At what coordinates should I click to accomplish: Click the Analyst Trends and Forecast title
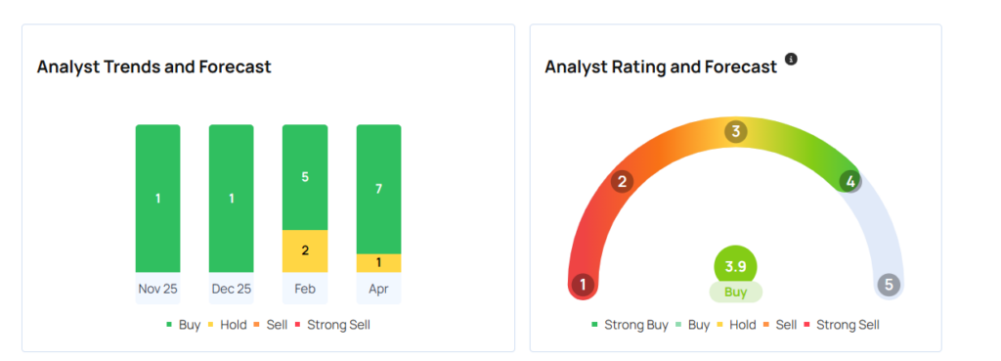coord(154,68)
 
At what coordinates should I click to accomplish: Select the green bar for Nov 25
coord(157,199)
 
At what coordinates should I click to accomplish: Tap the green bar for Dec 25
coord(231,199)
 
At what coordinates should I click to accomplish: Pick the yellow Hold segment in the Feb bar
coord(305,250)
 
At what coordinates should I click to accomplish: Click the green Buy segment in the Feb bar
coord(305,177)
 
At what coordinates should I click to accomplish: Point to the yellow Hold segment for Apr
coord(378,263)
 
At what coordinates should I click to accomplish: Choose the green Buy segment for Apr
coord(378,189)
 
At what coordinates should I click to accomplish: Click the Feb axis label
coord(305,290)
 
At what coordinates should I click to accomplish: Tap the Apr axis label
coord(378,290)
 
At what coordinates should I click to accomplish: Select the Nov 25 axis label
coord(157,290)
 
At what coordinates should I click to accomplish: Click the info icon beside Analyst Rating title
coord(791,60)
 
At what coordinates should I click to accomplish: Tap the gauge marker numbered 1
coord(584,285)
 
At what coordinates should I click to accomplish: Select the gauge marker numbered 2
coord(621,181)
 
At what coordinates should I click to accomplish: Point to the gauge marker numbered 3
coord(735,131)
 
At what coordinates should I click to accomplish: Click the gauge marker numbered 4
coord(851,181)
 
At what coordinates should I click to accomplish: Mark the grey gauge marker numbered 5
coord(888,285)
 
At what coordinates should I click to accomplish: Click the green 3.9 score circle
coord(735,266)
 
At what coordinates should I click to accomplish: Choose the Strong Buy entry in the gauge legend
coord(630,325)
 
